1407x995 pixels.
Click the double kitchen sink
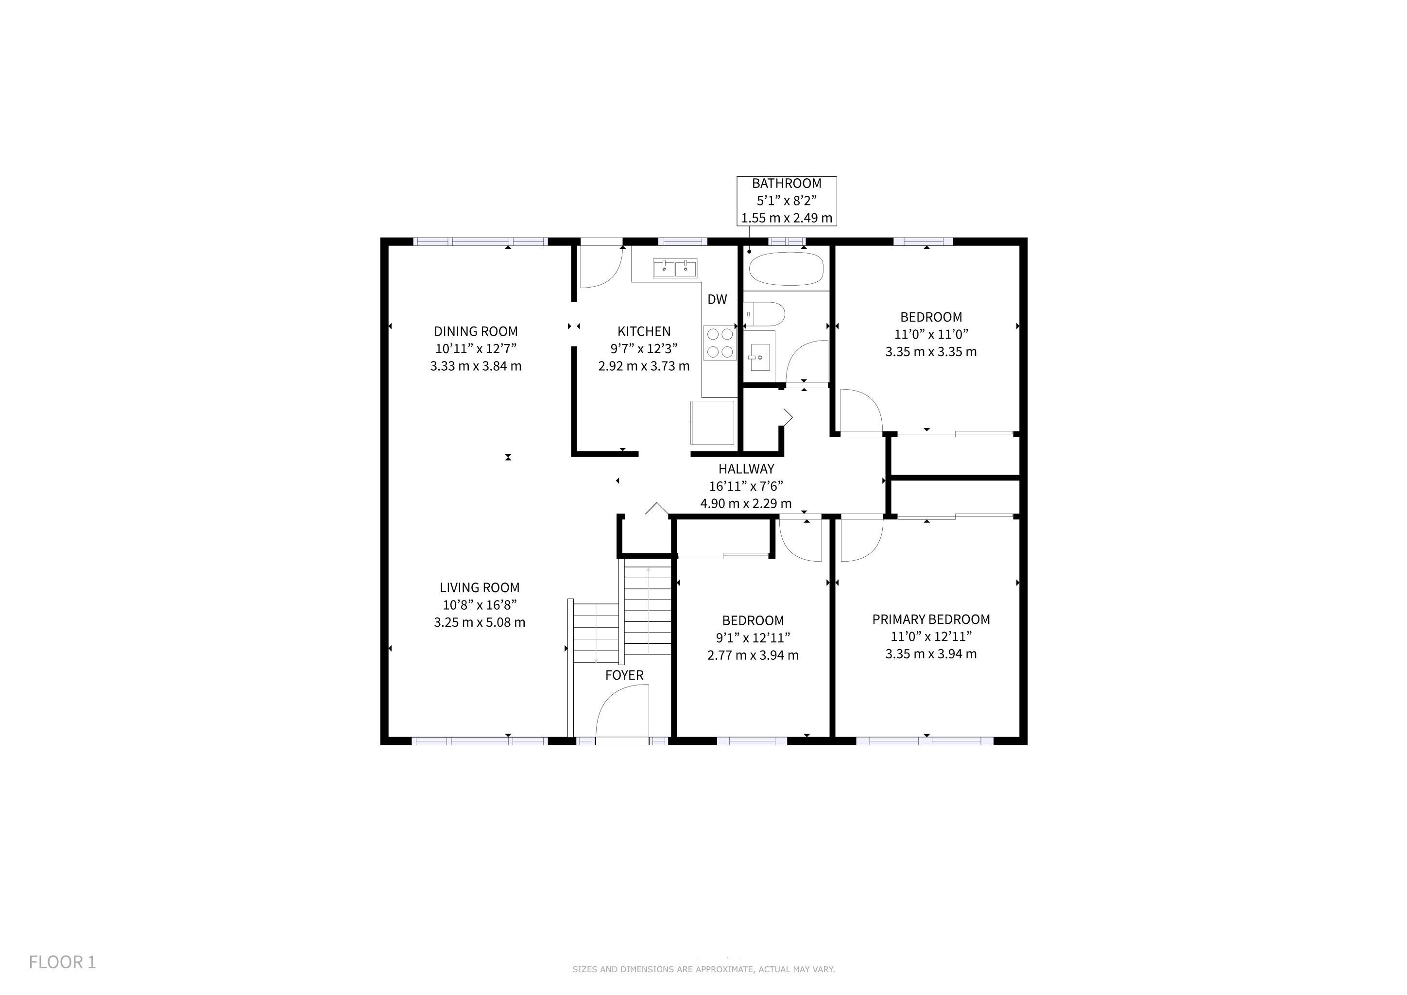click(x=675, y=268)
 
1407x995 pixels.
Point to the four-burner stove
click(x=720, y=343)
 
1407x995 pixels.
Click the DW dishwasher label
click(x=717, y=300)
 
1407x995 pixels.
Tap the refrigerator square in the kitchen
click(x=712, y=422)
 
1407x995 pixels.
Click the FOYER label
click(x=624, y=675)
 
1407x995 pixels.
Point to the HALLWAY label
click(x=746, y=469)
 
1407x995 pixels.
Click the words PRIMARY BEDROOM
click(x=931, y=619)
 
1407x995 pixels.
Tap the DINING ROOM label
click(x=476, y=331)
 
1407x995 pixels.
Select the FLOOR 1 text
click(x=63, y=962)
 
